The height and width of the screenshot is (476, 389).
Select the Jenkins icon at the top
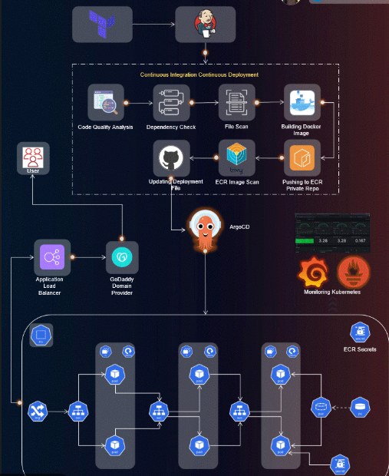coord(205,25)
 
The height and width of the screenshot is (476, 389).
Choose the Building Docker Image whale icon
coord(300,100)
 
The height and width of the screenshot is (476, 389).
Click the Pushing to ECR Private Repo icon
coord(300,159)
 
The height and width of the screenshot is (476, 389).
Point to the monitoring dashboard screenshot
coord(331,234)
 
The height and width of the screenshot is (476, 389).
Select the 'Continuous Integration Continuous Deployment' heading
coord(199,74)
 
